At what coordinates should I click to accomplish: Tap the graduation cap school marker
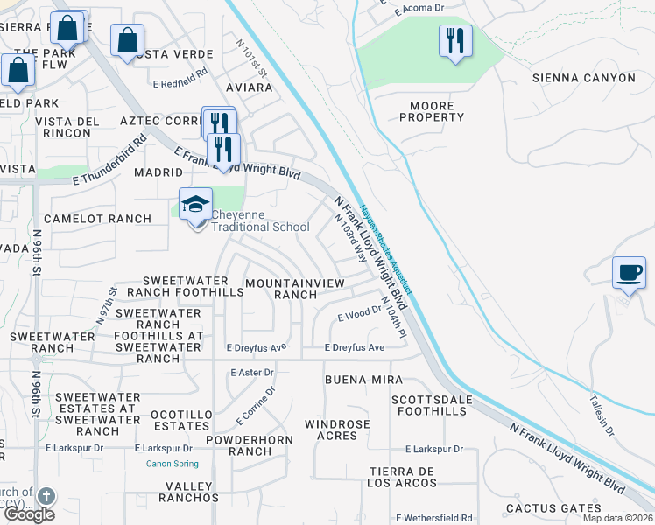(x=195, y=206)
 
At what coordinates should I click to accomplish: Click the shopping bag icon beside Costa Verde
(x=127, y=40)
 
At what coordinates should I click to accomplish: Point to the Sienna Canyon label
(x=584, y=78)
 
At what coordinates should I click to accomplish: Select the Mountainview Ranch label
(x=294, y=289)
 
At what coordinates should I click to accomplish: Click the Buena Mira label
(x=363, y=380)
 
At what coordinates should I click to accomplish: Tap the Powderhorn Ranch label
(x=238, y=444)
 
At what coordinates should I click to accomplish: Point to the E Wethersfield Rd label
(x=434, y=518)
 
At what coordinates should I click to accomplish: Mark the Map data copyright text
(x=616, y=518)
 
